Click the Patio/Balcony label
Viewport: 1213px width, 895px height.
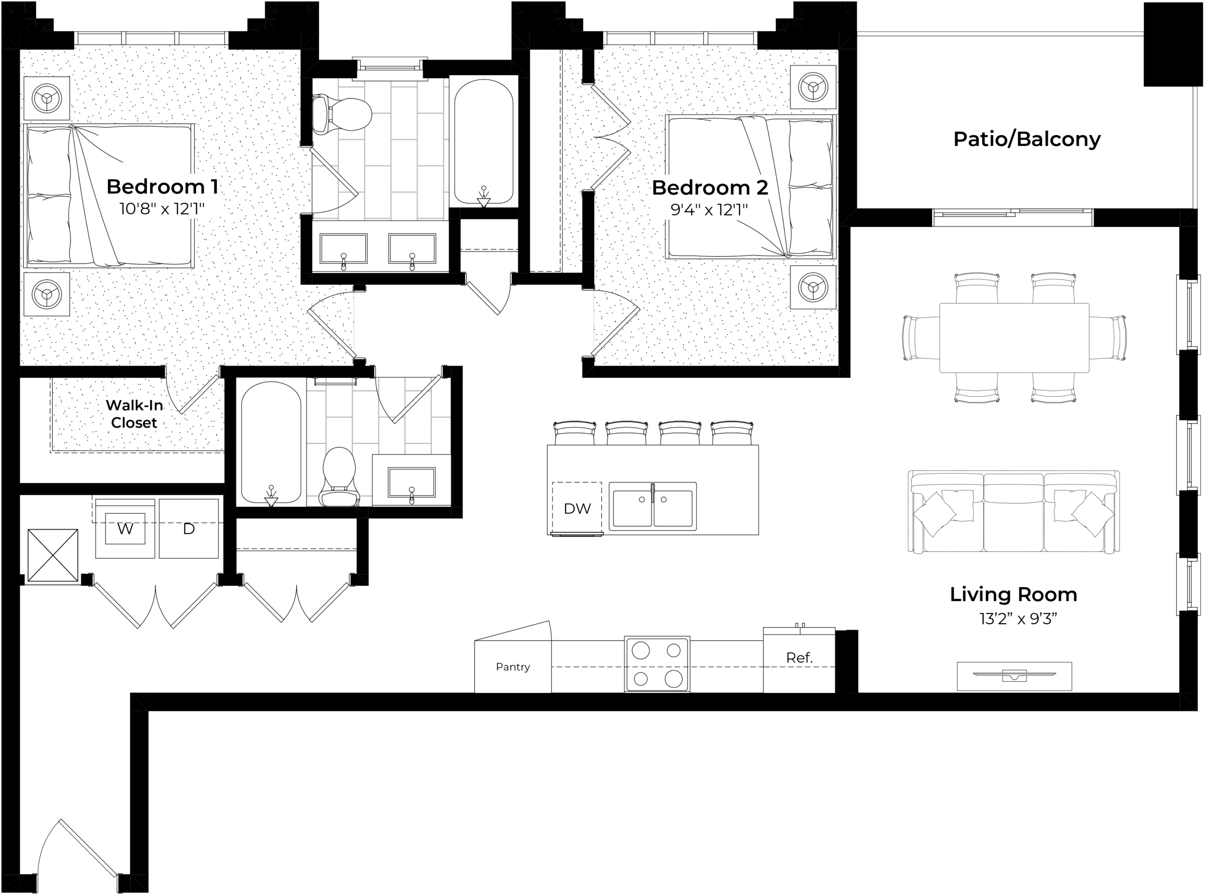[1027, 139]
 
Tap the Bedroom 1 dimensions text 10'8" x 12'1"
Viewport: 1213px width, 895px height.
[162, 208]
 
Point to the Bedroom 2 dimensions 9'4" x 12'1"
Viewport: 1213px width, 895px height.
[709, 209]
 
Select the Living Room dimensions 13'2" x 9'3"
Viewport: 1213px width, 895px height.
[1018, 619]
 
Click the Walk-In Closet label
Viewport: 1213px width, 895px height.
[134, 414]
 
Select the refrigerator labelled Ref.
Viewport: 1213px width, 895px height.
[799, 659]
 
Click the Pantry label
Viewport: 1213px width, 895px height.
[513, 667]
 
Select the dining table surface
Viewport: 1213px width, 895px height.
[1014, 338]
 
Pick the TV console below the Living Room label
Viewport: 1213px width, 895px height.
[1014, 676]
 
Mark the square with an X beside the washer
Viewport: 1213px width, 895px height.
[53, 555]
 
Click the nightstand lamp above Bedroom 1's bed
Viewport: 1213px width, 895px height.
[46, 98]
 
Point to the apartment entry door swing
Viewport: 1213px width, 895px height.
[76, 855]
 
